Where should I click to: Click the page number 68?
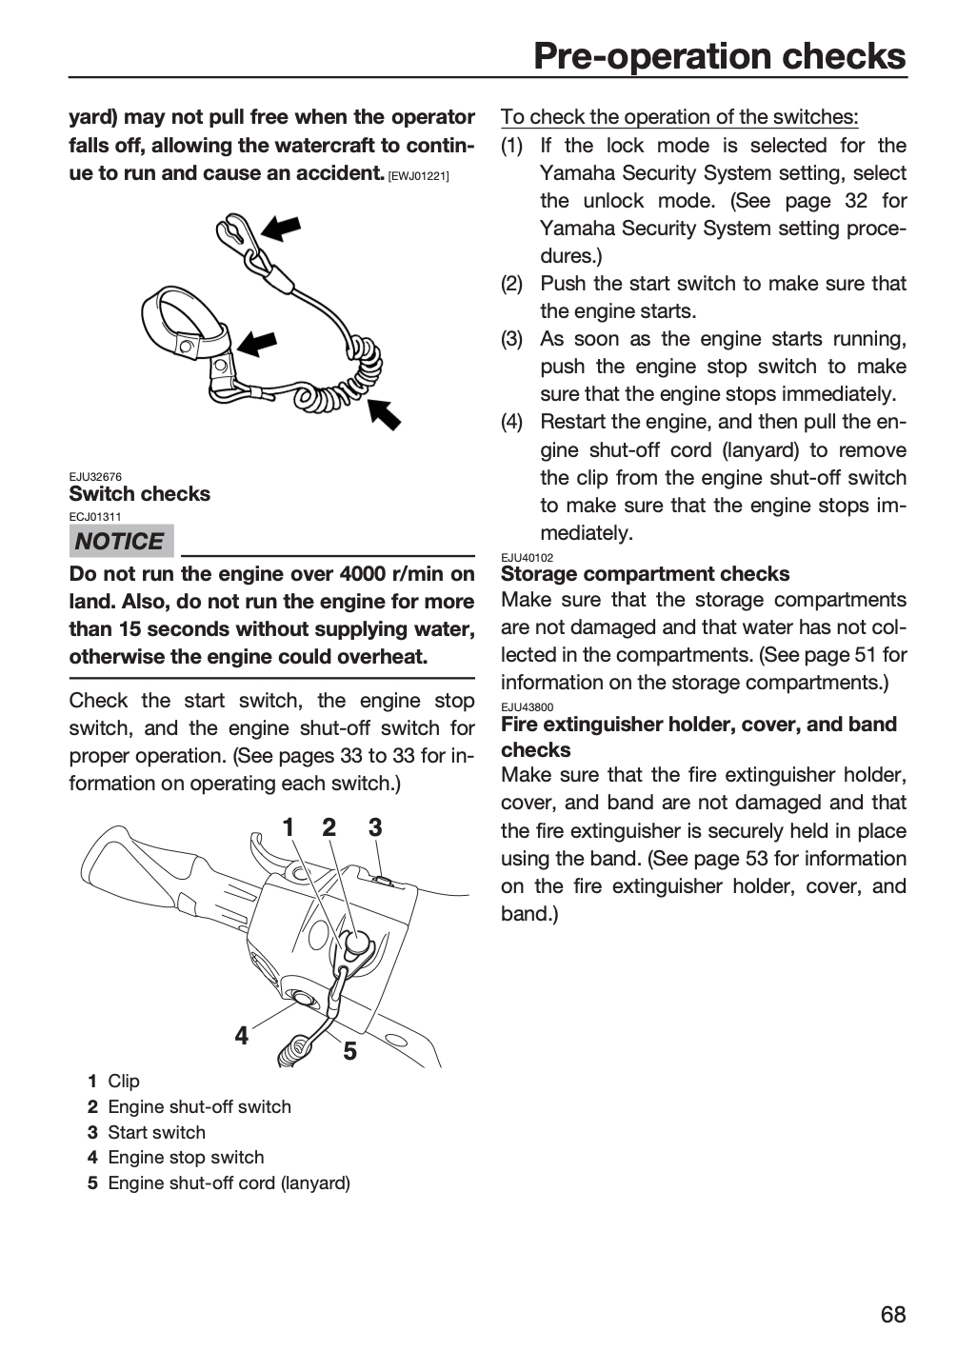(x=893, y=1314)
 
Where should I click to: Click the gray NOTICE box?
(x=121, y=541)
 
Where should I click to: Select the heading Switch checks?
(x=140, y=494)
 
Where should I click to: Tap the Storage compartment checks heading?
(x=646, y=574)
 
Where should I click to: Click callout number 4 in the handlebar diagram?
(x=242, y=1036)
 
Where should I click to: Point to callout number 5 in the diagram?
(x=349, y=1051)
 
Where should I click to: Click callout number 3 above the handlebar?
(x=375, y=827)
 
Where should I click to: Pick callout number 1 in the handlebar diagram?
(x=289, y=827)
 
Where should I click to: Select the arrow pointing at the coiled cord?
(x=385, y=414)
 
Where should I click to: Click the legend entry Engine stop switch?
(x=186, y=1158)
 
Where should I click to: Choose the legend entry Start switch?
(x=156, y=1132)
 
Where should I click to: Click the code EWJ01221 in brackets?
(x=419, y=177)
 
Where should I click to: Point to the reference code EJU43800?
(x=528, y=706)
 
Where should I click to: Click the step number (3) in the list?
(x=511, y=339)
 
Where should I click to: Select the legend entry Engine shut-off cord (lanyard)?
(x=229, y=1183)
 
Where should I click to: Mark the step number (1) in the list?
(x=511, y=146)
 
